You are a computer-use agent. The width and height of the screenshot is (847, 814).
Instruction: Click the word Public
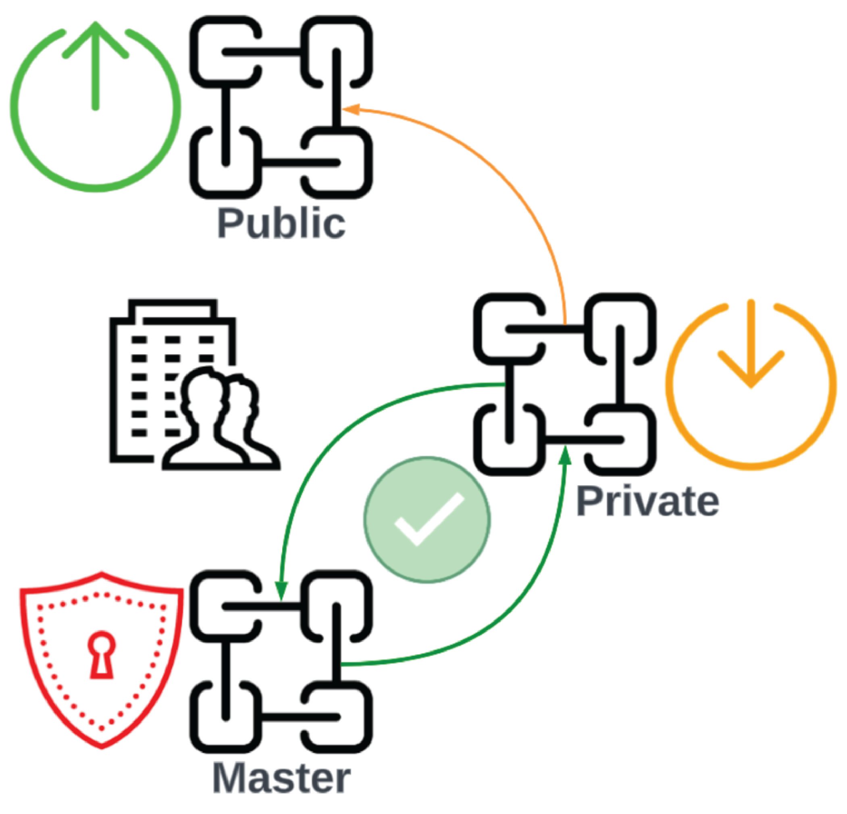281,223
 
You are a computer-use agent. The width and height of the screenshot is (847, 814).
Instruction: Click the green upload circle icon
96,108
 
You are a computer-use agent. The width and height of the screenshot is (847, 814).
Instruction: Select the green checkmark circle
427,519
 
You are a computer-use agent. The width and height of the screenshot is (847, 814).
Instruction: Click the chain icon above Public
281,107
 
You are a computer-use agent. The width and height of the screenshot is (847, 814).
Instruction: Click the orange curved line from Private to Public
518,182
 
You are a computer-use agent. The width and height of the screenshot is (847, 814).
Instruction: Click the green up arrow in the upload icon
96,65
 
